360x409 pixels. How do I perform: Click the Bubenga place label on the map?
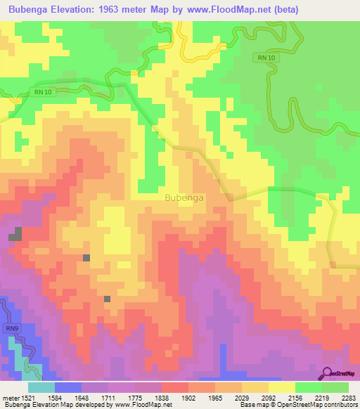(x=184, y=197)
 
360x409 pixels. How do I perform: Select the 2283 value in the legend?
(x=349, y=398)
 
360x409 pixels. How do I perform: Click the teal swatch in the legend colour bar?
(x=41, y=387)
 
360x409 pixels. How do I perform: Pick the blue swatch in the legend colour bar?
(x=68, y=387)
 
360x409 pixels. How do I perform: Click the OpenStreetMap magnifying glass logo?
(x=328, y=374)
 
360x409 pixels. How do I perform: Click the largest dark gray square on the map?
(x=15, y=235)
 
